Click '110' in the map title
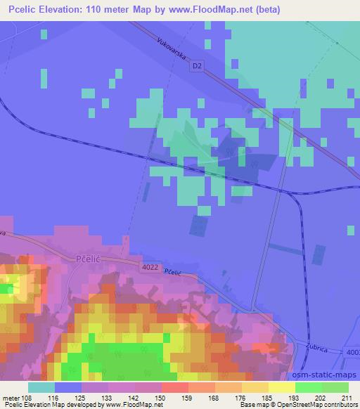click(101, 9)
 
